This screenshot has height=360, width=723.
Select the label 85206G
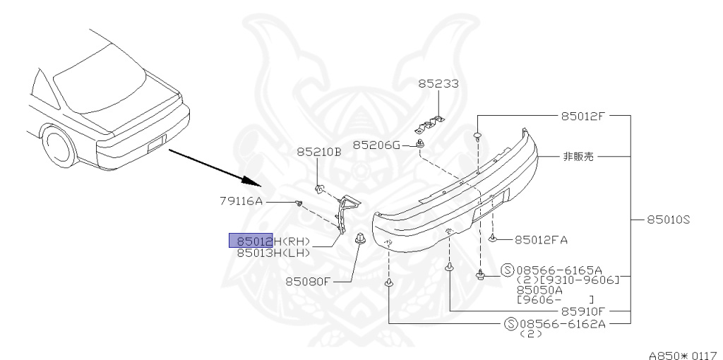[x=376, y=145]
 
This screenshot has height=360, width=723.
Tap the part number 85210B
[x=318, y=152]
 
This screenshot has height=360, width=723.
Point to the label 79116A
[x=240, y=201]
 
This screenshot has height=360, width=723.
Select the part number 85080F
[x=308, y=281]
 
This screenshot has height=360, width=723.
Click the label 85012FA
[x=541, y=240]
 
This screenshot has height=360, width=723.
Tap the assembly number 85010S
[x=667, y=220]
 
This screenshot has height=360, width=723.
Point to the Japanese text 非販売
[x=578, y=157]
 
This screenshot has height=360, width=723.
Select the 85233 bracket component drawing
[x=429, y=123]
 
